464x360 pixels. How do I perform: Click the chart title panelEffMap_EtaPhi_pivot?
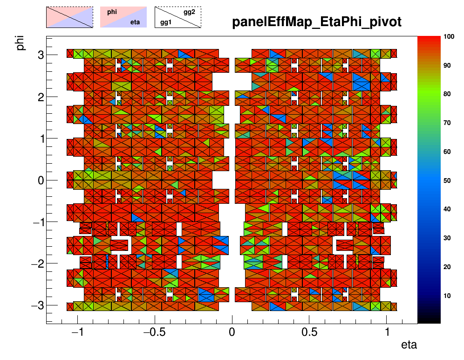point(317,22)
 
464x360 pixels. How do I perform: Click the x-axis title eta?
point(409,346)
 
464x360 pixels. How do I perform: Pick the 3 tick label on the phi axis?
point(41,55)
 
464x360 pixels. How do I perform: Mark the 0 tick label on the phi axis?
point(41,180)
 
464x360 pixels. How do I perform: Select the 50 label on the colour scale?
point(448,180)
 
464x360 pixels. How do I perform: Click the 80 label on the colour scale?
point(448,94)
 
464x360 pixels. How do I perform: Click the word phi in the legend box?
point(112,13)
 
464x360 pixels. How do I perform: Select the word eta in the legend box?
point(136,21)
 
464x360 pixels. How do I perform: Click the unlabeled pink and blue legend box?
point(69,17)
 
